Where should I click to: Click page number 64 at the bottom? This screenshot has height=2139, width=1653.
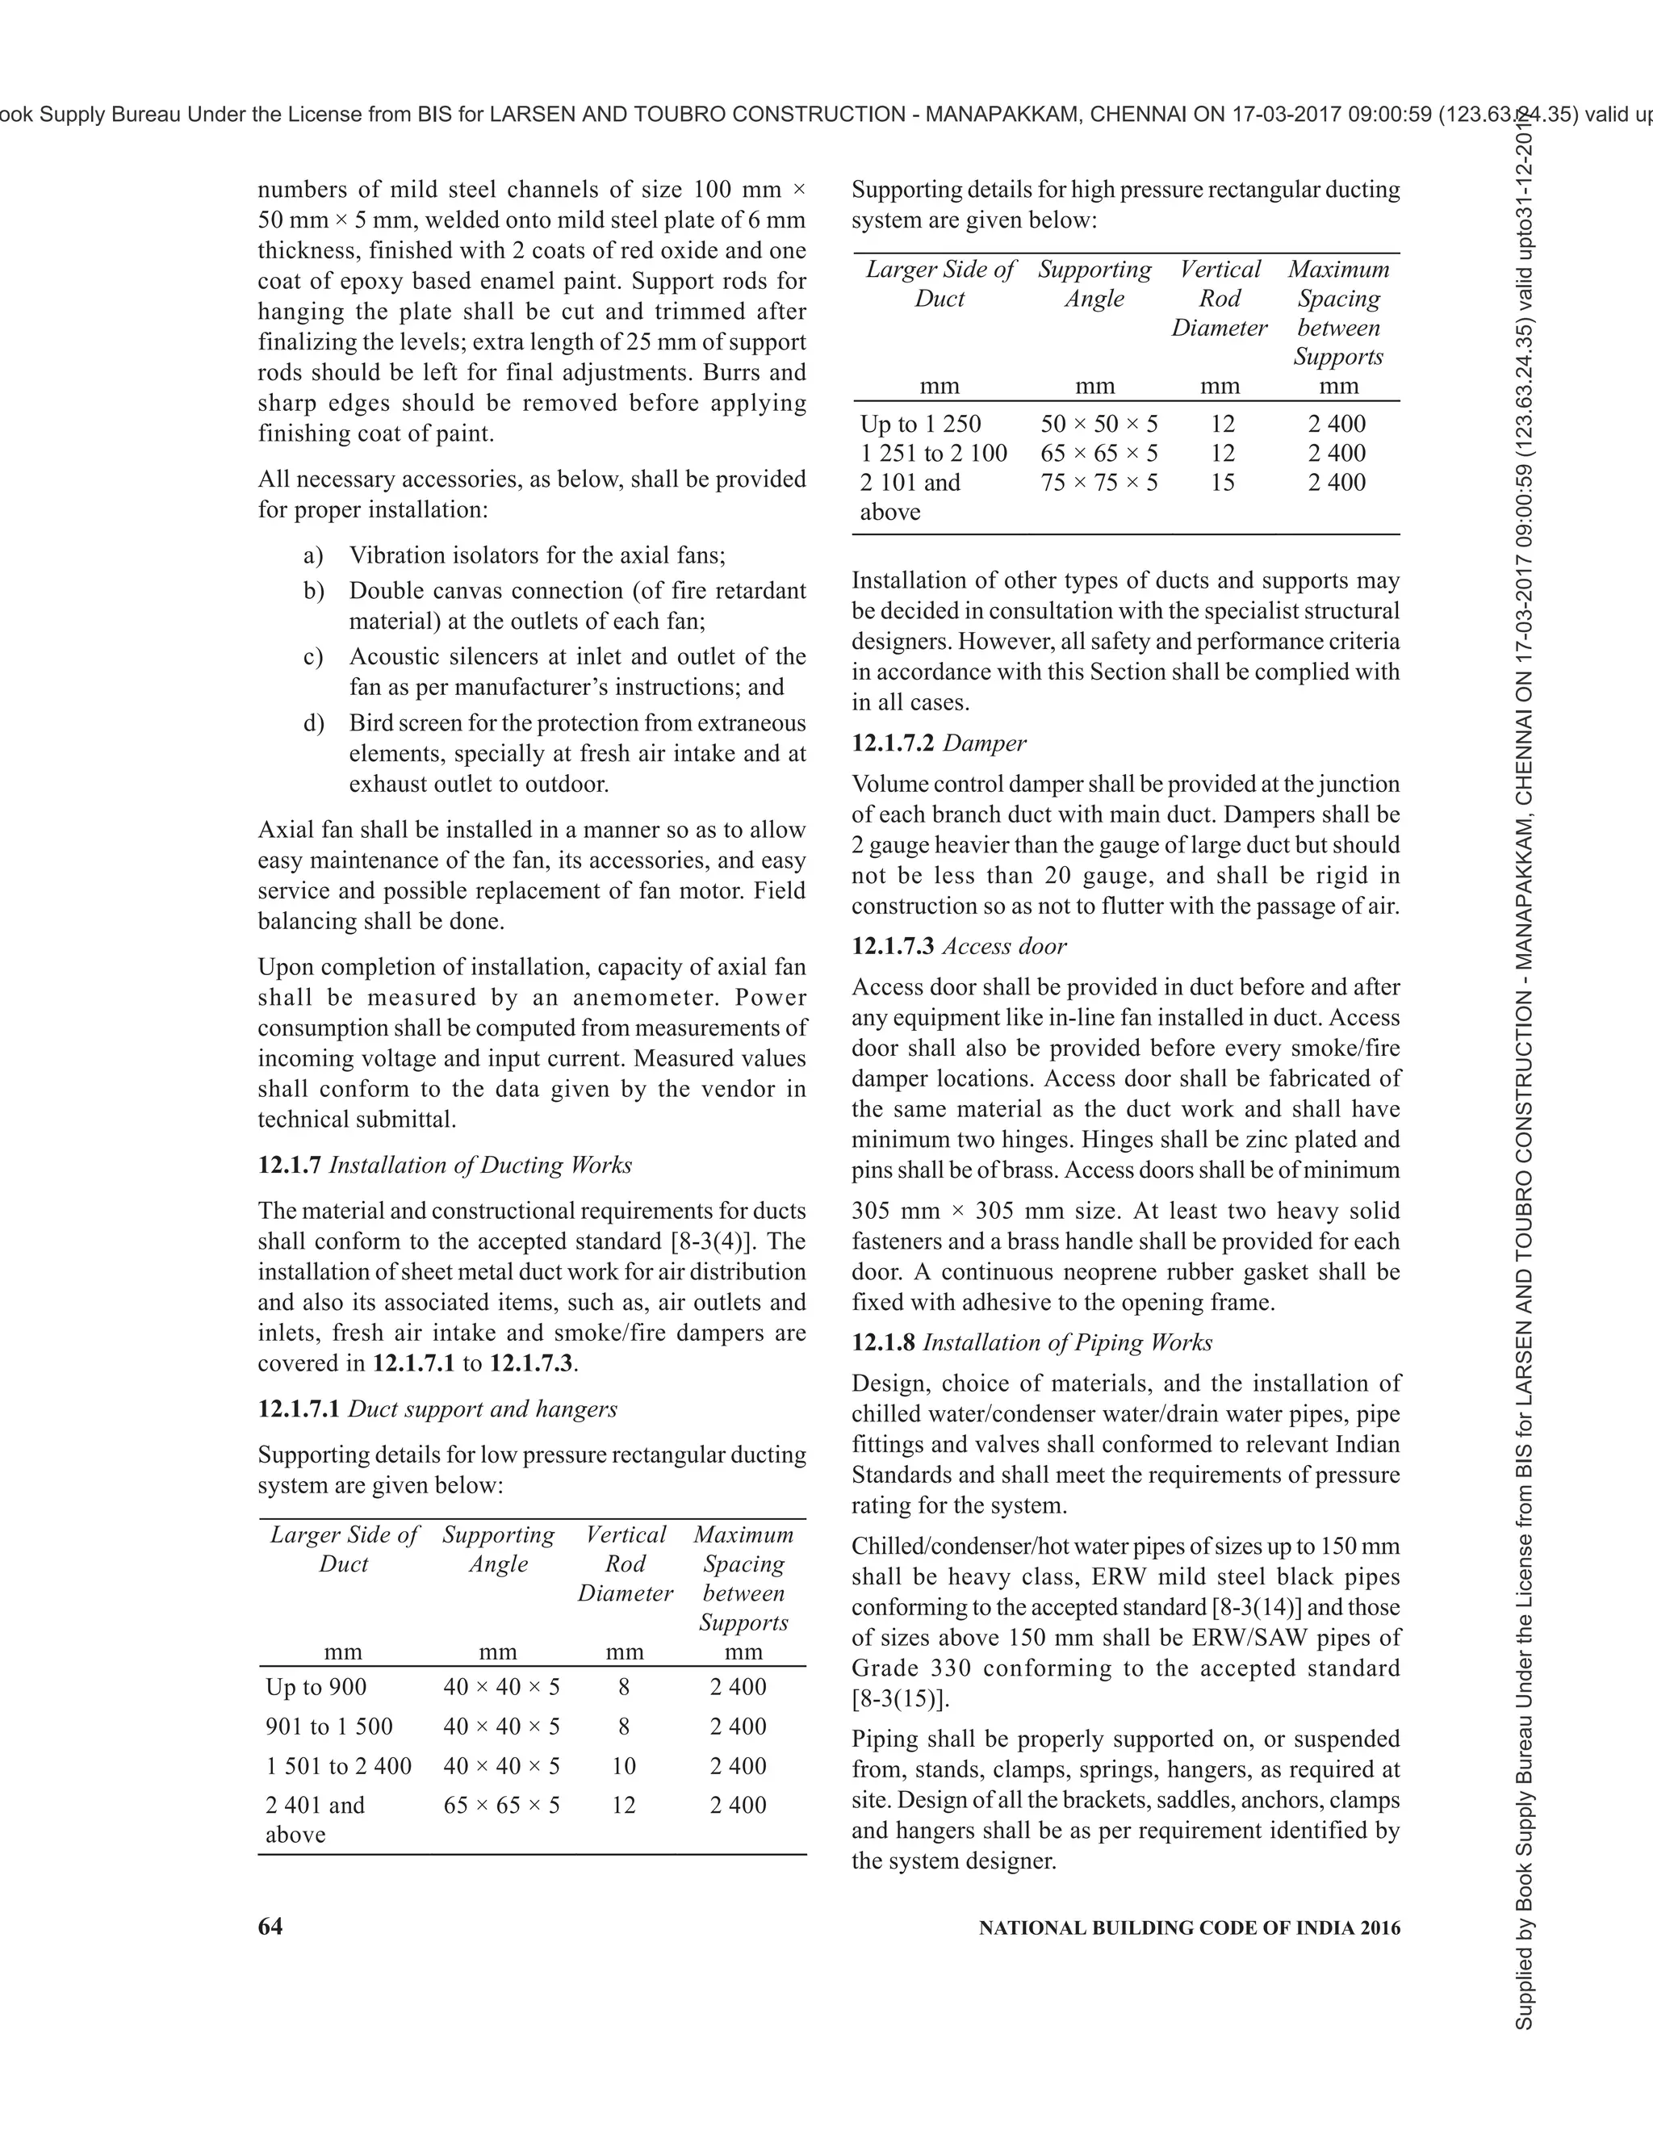tap(270, 1927)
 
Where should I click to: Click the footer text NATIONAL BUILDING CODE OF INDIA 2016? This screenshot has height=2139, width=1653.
tap(1189, 1928)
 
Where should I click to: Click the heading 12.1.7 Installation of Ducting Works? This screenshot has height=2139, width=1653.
tap(445, 1165)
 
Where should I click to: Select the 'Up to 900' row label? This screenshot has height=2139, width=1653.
tap(316, 1686)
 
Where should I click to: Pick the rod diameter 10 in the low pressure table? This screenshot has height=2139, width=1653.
tap(624, 1766)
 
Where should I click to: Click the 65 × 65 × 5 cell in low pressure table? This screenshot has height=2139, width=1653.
tap(501, 1805)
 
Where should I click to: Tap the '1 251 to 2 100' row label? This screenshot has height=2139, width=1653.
tap(933, 453)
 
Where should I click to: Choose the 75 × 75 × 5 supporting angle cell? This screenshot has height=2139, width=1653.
tap(1099, 482)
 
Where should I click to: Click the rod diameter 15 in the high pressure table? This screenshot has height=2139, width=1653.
tap(1222, 482)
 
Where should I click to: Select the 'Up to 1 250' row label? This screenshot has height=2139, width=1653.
tap(920, 423)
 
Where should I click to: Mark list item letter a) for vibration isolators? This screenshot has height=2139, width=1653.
tap(313, 555)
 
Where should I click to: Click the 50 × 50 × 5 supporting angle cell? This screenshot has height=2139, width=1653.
tap(1099, 423)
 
